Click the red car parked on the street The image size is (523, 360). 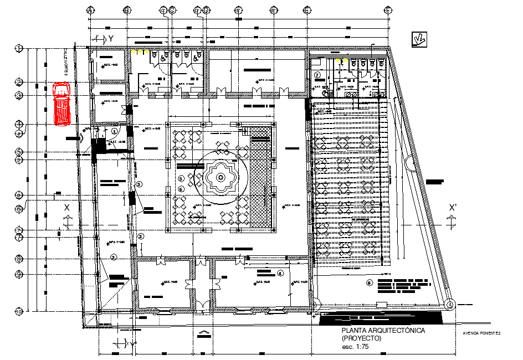(61, 103)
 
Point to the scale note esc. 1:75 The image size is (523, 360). (356, 347)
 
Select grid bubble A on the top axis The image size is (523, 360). (90, 11)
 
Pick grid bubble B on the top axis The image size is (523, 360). (127, 11)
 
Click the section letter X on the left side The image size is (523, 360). (67, 207)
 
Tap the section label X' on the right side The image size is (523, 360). (453, 208)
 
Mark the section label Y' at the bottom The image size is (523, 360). (134, 344)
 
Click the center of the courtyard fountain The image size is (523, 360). (220, 178)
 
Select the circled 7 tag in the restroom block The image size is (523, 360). (317, 75)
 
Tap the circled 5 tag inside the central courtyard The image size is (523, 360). (181, 178)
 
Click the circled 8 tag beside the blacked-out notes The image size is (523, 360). (370, 283)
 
